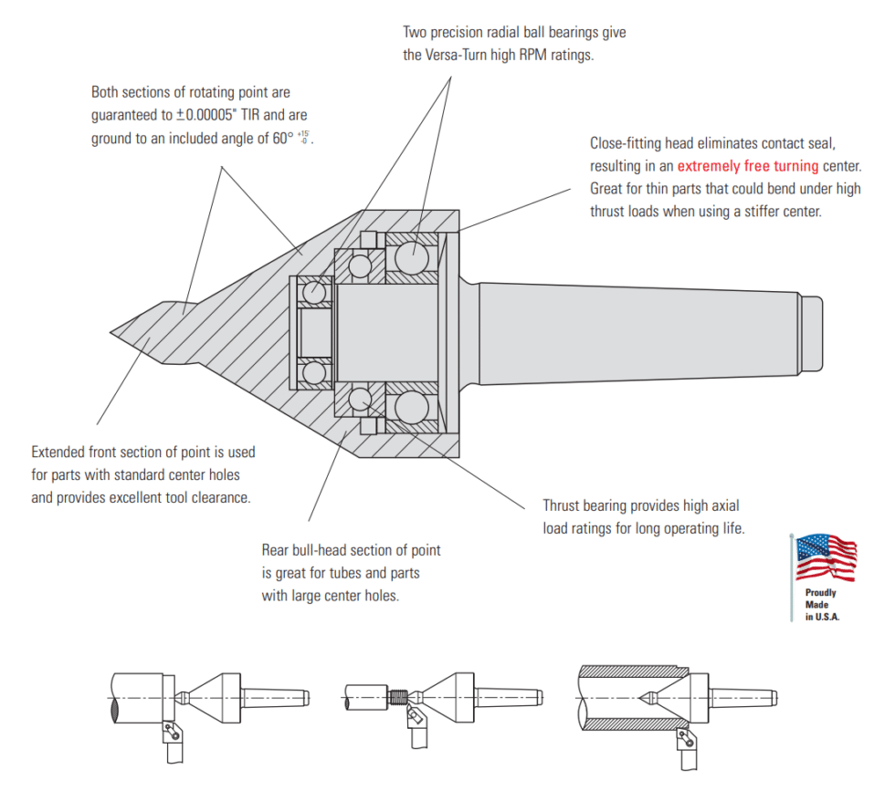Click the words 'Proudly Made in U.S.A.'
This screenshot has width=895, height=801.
[821, 605]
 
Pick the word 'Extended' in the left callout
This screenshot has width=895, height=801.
[61, 452]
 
